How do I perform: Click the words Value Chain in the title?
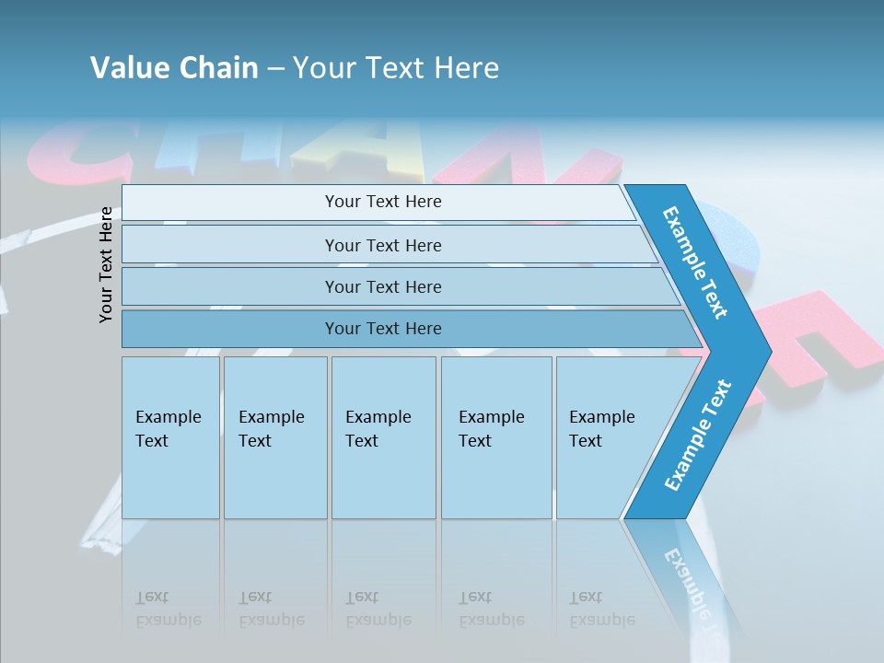pos(174,68)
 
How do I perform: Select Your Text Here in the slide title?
pos(396,68)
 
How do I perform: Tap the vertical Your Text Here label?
pos(107,264)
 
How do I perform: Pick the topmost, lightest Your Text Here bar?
pos(383,202)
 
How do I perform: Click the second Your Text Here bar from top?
pos(383,245)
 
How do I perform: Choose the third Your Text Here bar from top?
pos(383,286)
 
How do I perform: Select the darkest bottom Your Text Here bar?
pos(383,329)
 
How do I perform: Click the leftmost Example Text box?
pos(170,437)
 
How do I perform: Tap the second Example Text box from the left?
pos(275,437)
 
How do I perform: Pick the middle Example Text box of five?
pos(383,437)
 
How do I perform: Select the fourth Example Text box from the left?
pos(496,437)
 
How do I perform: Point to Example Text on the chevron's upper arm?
pos(695,262)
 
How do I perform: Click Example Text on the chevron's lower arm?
pos(698,436)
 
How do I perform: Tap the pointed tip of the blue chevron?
pos(764,351)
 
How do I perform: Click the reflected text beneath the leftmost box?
pos(169,609)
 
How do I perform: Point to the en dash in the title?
pos(275,69)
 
